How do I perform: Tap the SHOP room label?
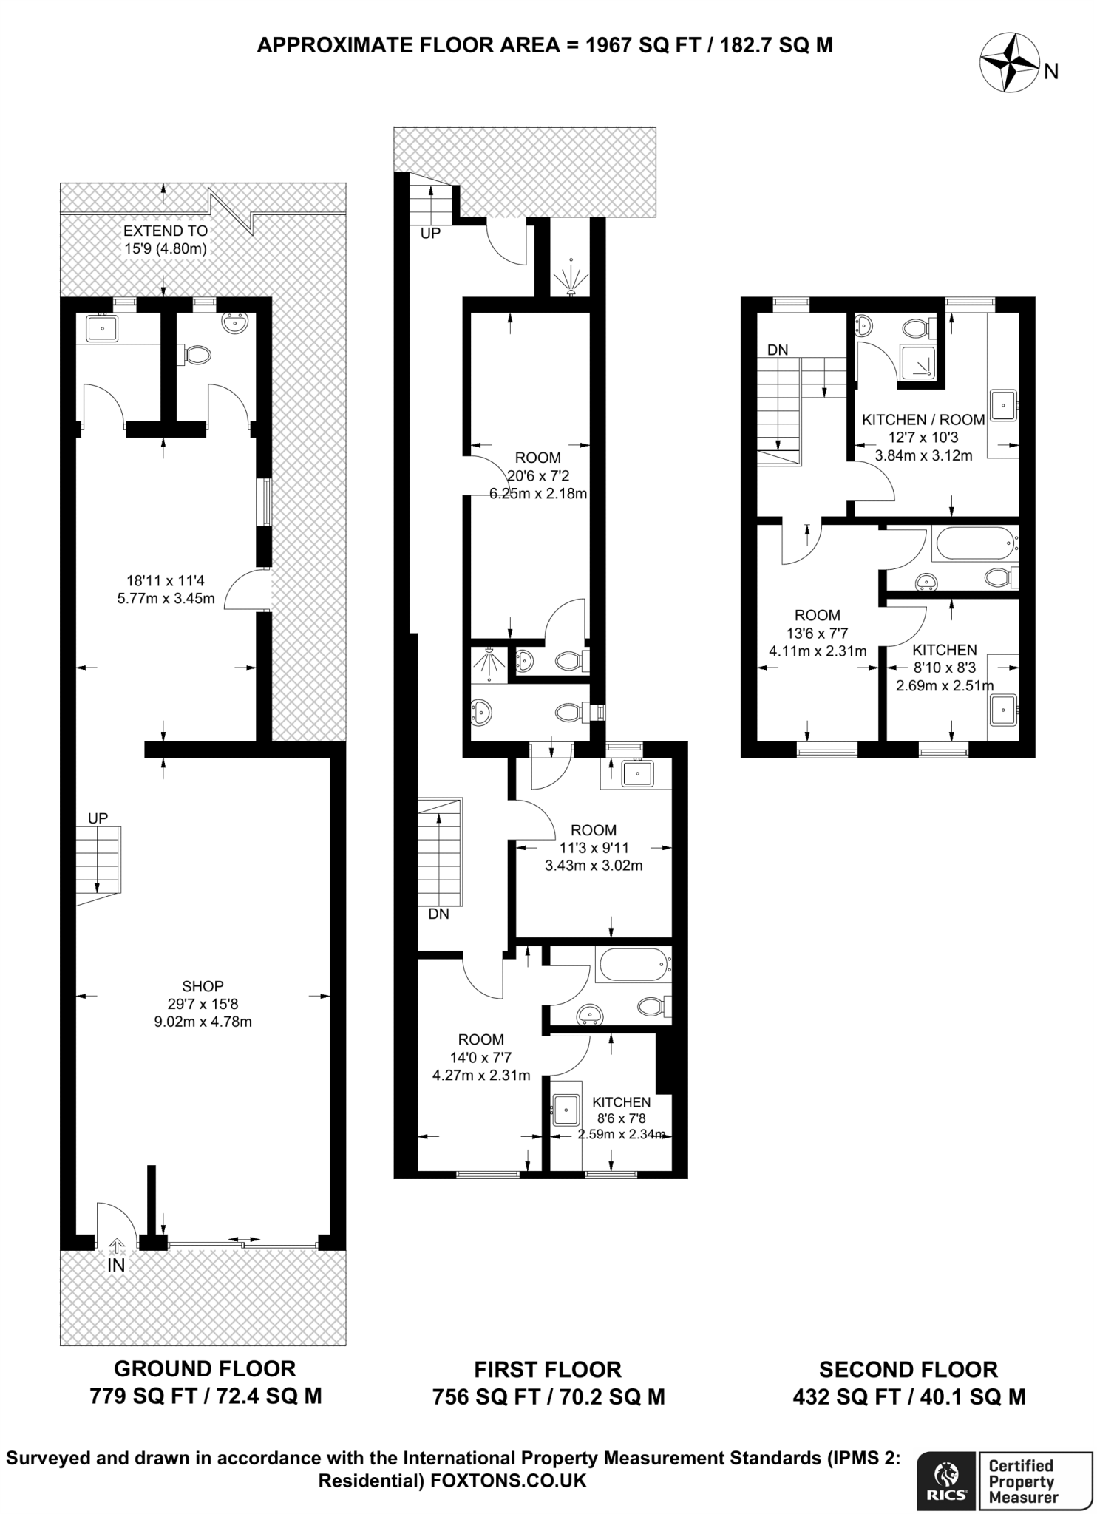[x=203, y=986]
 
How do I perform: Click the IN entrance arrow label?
[x=116, y=1264]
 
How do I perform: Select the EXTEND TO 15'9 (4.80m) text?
[x=165, y=240]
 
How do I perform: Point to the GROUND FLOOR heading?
[x=205, y=1368]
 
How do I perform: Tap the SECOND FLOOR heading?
[x=908, y=1369]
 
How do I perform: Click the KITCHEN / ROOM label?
[x=923, y=419]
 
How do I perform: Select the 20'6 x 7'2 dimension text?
[x=538, y=475]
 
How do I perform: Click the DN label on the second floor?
[x=777, y=350]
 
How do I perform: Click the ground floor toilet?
[x=197, y=356]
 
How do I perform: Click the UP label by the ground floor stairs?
[x=98, y=818]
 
